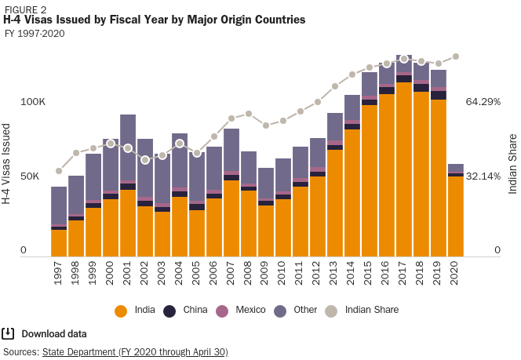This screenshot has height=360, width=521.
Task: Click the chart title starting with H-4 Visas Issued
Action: click(x=155, y=20)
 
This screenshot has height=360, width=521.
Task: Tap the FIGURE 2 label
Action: click(x=25, y=9)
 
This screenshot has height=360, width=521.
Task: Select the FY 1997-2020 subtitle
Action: click(x=35, y=34)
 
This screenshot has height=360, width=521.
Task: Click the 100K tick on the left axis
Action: click(x=34, y=102)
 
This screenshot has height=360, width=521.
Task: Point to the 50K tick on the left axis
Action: click(x=30, y=176)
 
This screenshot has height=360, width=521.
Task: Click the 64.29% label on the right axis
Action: click(x=483, y=102)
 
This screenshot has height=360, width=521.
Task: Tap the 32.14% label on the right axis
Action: click(x=483, y=176)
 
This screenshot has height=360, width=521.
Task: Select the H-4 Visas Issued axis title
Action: click(x=7, y=164)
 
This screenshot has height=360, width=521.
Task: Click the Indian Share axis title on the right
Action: click(x=512, y=164)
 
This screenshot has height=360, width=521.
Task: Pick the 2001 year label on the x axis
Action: click(x=128, y=272)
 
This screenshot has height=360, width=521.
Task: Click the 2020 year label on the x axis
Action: click(x=455, y=272)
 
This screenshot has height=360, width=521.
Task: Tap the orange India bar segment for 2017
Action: click(x=404, y=169)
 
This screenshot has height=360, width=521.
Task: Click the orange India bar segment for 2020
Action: click(x=455, y=216)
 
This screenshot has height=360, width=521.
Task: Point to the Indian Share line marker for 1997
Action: click(x=59, y=171)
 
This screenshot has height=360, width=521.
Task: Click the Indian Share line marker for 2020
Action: click(x=456, y=56)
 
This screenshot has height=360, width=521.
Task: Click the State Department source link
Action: click(x=134, y=352)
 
